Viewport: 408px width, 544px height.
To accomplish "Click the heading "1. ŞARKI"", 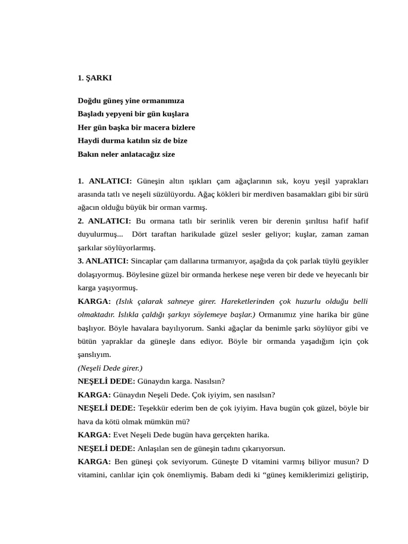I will [x=95, y=78].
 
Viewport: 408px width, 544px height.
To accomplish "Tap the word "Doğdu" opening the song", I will [x=89, y=100].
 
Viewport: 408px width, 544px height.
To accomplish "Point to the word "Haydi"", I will [x=88, y=141].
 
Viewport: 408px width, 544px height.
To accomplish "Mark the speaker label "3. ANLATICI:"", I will [x=103, y=261].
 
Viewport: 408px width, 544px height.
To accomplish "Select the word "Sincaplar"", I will [x=148, y=261].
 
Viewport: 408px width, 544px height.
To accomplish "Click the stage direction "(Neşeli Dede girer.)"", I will [x=110, y=368].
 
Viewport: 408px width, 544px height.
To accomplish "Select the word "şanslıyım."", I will [x=95, y=354].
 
